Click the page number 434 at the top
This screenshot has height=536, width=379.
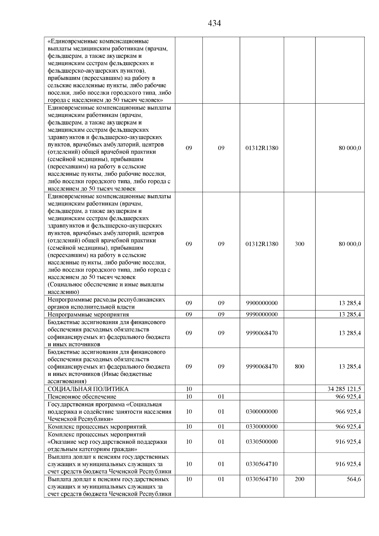tap(214, 23)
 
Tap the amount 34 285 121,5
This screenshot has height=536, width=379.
tap(344, 389)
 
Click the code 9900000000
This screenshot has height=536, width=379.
tap(262, 303)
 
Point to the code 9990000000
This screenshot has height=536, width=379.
tap(262, 315)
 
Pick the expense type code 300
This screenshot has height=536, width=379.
tap(299, 244)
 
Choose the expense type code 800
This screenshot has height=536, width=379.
tap(299, 367)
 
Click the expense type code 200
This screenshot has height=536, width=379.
tap(299, 479)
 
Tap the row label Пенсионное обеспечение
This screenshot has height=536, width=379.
tap(82, 397)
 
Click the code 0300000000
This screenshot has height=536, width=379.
tap(262, 412)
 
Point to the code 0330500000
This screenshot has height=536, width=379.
tap(262, 442)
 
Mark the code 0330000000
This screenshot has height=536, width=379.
tap(262, 427)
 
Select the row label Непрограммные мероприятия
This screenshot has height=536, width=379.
tap(88, 315)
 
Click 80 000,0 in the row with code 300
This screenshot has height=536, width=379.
tap(350, 244)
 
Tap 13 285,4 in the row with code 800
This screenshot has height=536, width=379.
tap(350, 367)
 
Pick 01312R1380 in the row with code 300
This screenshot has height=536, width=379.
tap(262, 244)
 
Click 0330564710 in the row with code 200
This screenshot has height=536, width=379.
tap(262, 479)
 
